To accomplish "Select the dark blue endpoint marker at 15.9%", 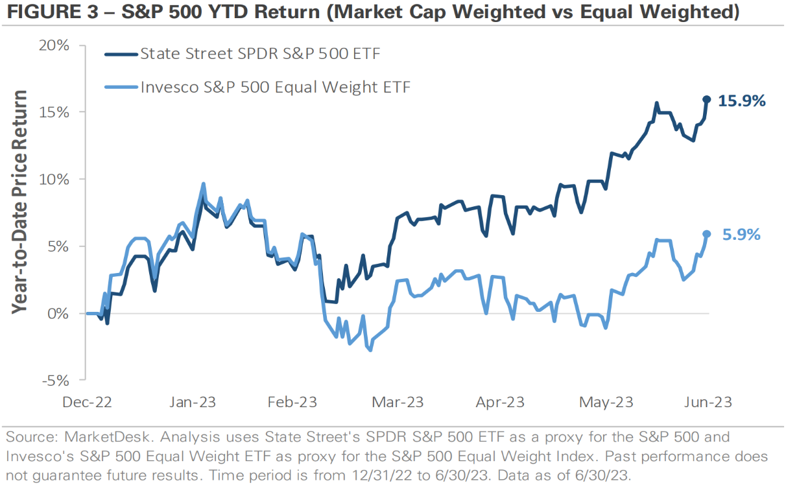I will [x=707, y=100].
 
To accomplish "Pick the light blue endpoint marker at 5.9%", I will [x=707, y=234].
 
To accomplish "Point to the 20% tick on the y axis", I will [x=54, y=45].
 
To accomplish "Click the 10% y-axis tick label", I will [x=54, y=179].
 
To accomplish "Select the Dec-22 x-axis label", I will [x=88, y=403].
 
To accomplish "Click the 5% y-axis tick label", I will [x=58, y=246].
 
